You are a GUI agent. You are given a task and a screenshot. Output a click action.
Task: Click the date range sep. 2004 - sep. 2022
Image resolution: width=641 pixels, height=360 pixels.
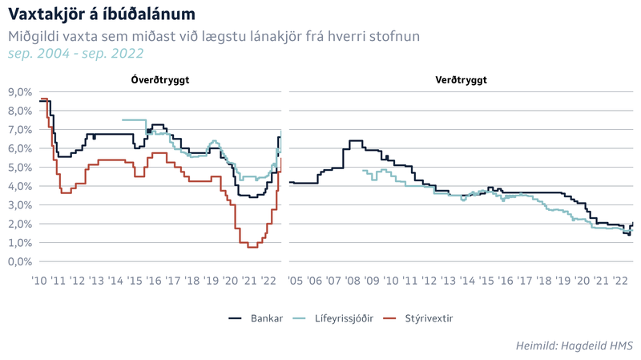[75, 54]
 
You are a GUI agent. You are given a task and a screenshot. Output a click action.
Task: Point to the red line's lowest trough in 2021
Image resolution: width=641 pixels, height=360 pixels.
[252, 247]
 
